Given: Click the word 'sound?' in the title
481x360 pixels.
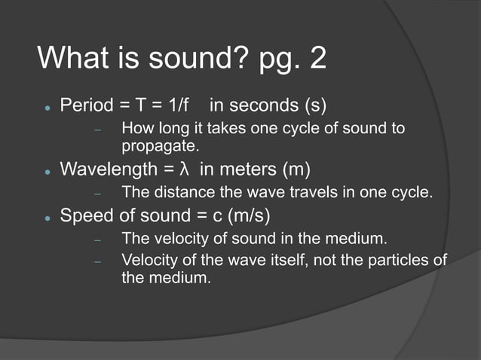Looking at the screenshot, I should (x=197, y=58).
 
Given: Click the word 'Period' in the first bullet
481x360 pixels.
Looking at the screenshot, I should (x=85, y=102).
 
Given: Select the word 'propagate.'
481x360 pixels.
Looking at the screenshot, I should (x=160, y=145).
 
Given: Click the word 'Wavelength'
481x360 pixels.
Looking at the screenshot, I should (x=106, y=167).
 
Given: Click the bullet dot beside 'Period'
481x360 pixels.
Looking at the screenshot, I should (x=46, y=105).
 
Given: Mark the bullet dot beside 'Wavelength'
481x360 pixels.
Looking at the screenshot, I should (x=46, y=169).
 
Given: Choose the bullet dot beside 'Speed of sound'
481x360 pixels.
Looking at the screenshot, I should (x=46, y=218).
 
